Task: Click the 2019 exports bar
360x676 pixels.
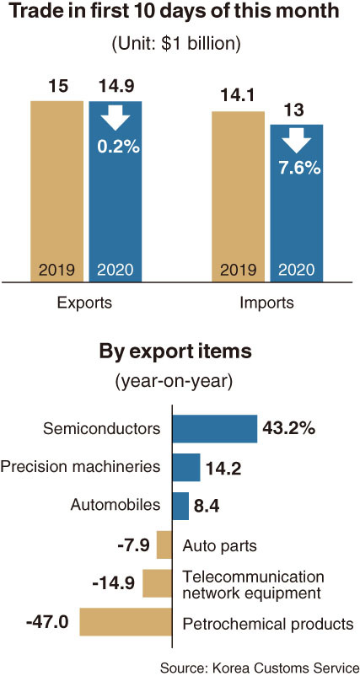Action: (x=56, y=191)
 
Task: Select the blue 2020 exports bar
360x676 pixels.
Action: (x=116, y=191)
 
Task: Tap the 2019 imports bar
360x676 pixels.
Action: (x=238, y=196)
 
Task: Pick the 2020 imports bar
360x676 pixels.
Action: (x=296, y=203)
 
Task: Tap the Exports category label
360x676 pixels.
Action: (x=84, y=303)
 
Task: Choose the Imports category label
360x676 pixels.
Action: (x=267, y=303)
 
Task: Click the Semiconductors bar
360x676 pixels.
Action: (x=215, y=428)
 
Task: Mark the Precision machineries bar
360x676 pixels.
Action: (x=186, y=467)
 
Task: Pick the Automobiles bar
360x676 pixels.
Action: (x=180, y=506)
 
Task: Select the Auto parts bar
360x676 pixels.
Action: (x=164, y=545)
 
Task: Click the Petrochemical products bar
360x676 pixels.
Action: (x=126, y=622)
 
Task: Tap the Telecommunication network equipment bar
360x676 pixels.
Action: (x=158, y=583)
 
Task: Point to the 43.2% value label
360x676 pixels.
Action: (x=289, y=429)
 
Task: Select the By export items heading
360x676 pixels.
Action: (x=175, y=351)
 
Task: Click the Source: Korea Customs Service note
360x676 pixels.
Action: (x=259, y=668)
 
